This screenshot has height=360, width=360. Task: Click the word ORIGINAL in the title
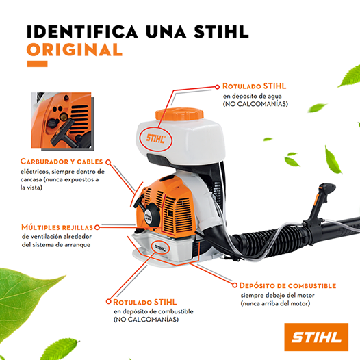[x=75, y=49]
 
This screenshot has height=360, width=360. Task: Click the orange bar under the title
[x=38, y=64]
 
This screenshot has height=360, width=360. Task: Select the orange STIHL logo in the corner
[x=316, y=337]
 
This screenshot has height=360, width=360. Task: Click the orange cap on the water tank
[x=179, y=114]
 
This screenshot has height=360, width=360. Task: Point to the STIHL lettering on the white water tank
[x=156, y=139]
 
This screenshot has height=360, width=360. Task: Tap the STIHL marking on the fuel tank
[x=160, y=248]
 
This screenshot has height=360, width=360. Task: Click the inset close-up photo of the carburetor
[x=62, y=120]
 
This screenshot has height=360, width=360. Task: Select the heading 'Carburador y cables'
[x=62, y=162]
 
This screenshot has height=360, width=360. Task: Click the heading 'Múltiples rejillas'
[x=57, y=227]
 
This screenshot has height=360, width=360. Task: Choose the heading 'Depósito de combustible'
[x=287, y=285]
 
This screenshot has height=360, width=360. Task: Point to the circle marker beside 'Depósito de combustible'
[x=235, y=285]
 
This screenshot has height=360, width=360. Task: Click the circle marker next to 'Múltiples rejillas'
[x=97, y=227]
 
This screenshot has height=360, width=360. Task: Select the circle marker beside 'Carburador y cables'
[x=108, y=162]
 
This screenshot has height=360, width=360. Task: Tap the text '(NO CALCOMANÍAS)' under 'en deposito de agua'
[x=255, y=104]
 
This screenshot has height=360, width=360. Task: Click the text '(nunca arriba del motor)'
[x=275, y=303]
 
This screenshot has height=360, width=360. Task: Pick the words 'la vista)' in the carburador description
[x=31, y=188]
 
